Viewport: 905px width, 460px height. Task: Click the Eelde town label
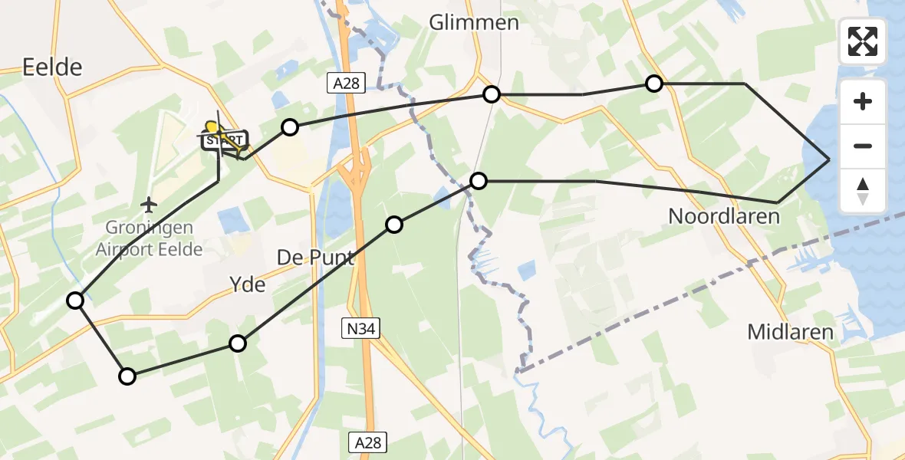tap(52, 67)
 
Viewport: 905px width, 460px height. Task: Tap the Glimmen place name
tap(473, 22)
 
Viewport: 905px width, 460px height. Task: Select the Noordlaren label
tap(723, 216)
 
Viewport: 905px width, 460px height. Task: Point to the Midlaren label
tap(790, 332)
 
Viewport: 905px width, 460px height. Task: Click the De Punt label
tap(315, 258)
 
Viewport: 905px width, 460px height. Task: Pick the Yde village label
tap(247, 285)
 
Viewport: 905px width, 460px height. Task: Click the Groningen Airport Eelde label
tap(149, 238)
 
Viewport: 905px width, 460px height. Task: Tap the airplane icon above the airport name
tap(150, 205)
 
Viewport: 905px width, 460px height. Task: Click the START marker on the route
tap(224, 140)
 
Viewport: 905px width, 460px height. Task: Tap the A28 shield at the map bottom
tap(368, 442)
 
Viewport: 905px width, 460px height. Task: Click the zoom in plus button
tap(863, 101)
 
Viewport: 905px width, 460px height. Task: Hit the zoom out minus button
tap(863, 146)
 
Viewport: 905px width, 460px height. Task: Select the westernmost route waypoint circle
tap(75, 301)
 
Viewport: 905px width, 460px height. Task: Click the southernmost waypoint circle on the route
tap(127, 376)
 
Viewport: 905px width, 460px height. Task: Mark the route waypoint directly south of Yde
tap(239, 343)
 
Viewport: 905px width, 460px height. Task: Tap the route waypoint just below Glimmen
tap(492, 94)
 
